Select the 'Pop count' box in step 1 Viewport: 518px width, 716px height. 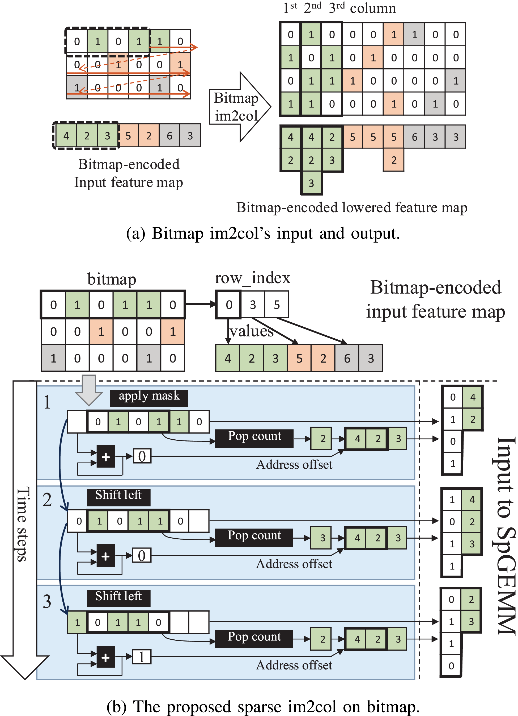click(254, 438)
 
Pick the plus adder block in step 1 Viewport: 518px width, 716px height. click(106, 456)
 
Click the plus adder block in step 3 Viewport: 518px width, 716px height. click(106, 657)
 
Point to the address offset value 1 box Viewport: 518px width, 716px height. click(142, 657)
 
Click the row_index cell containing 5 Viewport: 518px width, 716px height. click(277, 305)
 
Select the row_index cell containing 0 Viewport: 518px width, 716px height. click(228, 305)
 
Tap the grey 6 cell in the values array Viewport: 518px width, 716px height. click(347, 358)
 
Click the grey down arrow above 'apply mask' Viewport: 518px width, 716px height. click(89, 390)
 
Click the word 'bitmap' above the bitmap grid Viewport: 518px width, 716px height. click(112, 279)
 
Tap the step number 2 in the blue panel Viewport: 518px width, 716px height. click(47, 500)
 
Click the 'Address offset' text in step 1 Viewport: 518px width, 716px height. click(294, 465)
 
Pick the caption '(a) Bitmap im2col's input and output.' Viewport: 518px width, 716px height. click(263, 234)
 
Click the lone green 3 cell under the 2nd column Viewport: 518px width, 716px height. click(311, 183)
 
